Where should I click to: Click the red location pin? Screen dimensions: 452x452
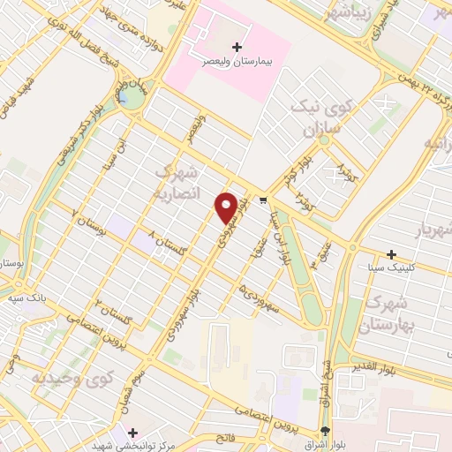pos(227,207)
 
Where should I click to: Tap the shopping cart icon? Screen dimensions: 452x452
pos(264,201)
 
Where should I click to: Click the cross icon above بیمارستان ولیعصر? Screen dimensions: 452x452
pos(236,46)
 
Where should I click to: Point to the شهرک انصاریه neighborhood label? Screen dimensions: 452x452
pos(178,181)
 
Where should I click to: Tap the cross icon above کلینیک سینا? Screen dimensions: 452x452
pos(391,254)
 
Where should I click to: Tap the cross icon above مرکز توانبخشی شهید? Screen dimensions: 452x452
pos(132,433)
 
